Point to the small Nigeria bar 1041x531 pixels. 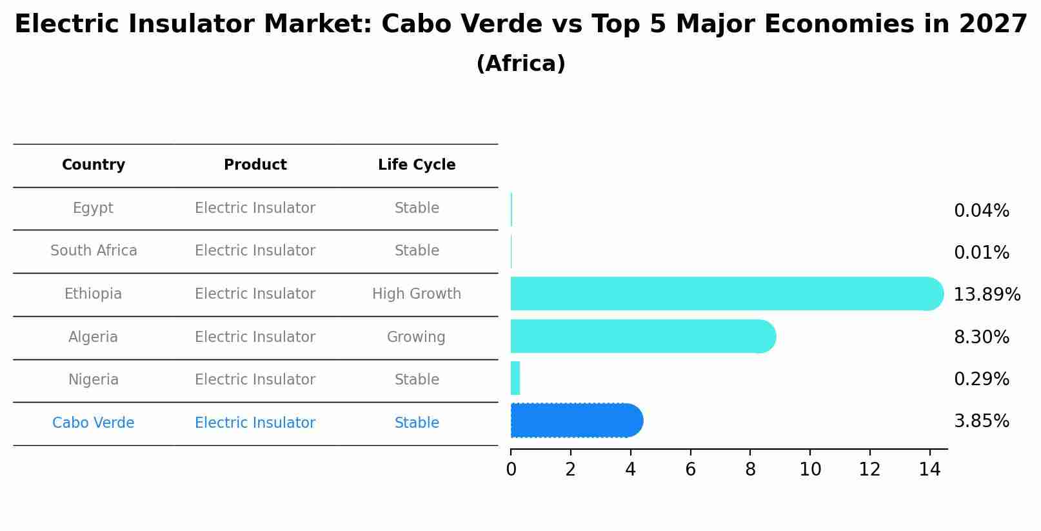(x=515, y=379)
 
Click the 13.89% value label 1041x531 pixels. (x=987, y=295)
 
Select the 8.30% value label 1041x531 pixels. (x=981, y=337)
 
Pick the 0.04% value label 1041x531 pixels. (x=981, y=211)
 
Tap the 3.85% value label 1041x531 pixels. (x=981, y=421)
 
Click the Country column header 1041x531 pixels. (x=94, y=165)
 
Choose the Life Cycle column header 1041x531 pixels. (x=417, y=165)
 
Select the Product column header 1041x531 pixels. (x=255, y=165)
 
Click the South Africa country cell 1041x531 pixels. (x=94, y=251)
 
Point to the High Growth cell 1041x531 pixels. (x=417, y=294)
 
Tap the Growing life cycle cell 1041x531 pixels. (x=416, y=337)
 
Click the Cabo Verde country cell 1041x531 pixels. (x=94, y=423)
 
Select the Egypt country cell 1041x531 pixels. (x=93, y=208)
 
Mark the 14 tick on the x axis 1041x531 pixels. (x=930, y=470)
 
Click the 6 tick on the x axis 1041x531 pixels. (x=690, y=470)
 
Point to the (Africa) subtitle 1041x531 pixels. (x=520, y=64)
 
